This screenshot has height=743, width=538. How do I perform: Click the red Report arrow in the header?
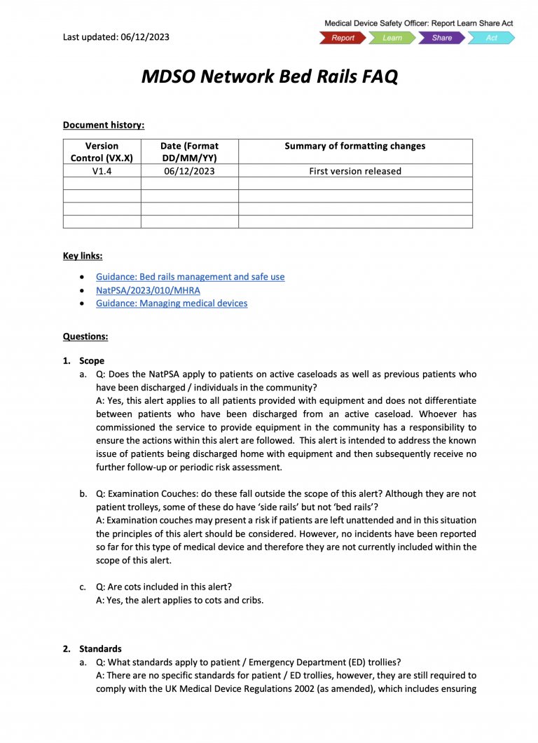tap(343, 38)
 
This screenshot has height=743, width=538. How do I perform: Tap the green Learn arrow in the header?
tap(392, 38)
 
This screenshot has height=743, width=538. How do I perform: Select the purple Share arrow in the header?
tap(441, 38)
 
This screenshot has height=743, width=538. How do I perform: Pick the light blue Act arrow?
tap(491, 38)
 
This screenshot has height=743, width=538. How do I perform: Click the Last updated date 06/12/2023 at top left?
tap(116, 37)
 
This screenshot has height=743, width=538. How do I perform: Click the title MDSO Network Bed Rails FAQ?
tap(269, 76)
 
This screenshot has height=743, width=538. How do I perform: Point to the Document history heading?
tap(104, 125)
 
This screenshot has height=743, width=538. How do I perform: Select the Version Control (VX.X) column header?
tap(102, 151)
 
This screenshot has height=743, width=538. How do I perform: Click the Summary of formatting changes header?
tap(354, 146)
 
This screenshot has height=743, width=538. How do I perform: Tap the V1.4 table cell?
tap(102, 170)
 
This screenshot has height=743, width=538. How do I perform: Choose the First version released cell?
tap(354, 170)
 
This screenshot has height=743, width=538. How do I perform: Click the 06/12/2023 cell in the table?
tap(189, 170)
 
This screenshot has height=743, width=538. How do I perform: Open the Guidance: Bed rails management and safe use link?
tap(190, 277)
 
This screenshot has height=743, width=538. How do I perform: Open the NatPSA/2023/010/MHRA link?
tap(148, 290)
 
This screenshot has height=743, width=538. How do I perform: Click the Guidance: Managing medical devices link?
tap(171, 304)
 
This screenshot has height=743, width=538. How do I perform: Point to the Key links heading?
tap(83, 256)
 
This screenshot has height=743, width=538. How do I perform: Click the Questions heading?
tap(85, 336)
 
